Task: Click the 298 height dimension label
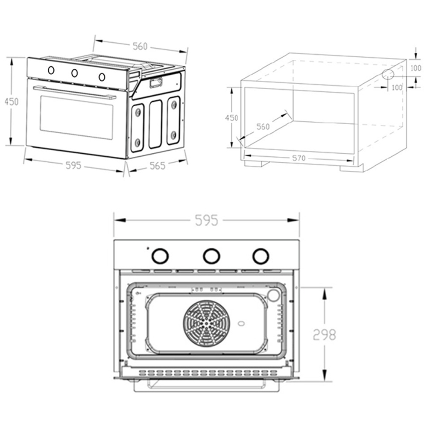pyautogui.click(x=324, y=335)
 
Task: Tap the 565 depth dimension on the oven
pyautogui.click(x=158, y=165)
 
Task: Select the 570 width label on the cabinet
pyautogui.click(x=299, y=158)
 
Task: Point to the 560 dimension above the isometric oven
pyautogui.click(x=140, y=46)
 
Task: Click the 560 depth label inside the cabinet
pyautogui.click(x=263, y=126)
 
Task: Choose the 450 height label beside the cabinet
pyautogui.click(x=231, y=118)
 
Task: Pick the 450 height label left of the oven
pyautogui.click(x=12, y=102)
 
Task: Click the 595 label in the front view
pyautogui.click(x=207, y=220)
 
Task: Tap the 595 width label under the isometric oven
pyautogui.click(x=73, y=165)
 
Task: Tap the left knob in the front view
pyautogui.click(x=160, y=256)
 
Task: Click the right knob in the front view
pyautogui.click(x=260, y=256)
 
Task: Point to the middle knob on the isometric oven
pyautogui.click(x=74, y=73)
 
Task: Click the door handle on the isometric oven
pyautogui.click(x=75, y=92)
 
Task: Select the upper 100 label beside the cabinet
pyautogui.click(x=415, y=68)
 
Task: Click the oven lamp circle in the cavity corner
pyautogui.click(x=273, y=295)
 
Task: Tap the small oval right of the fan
pyautogui.click(x=241, y=324)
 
